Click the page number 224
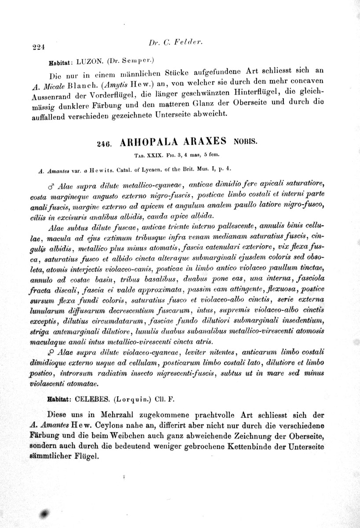click(x=39, y=46)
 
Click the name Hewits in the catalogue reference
click(x=100, y=169)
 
